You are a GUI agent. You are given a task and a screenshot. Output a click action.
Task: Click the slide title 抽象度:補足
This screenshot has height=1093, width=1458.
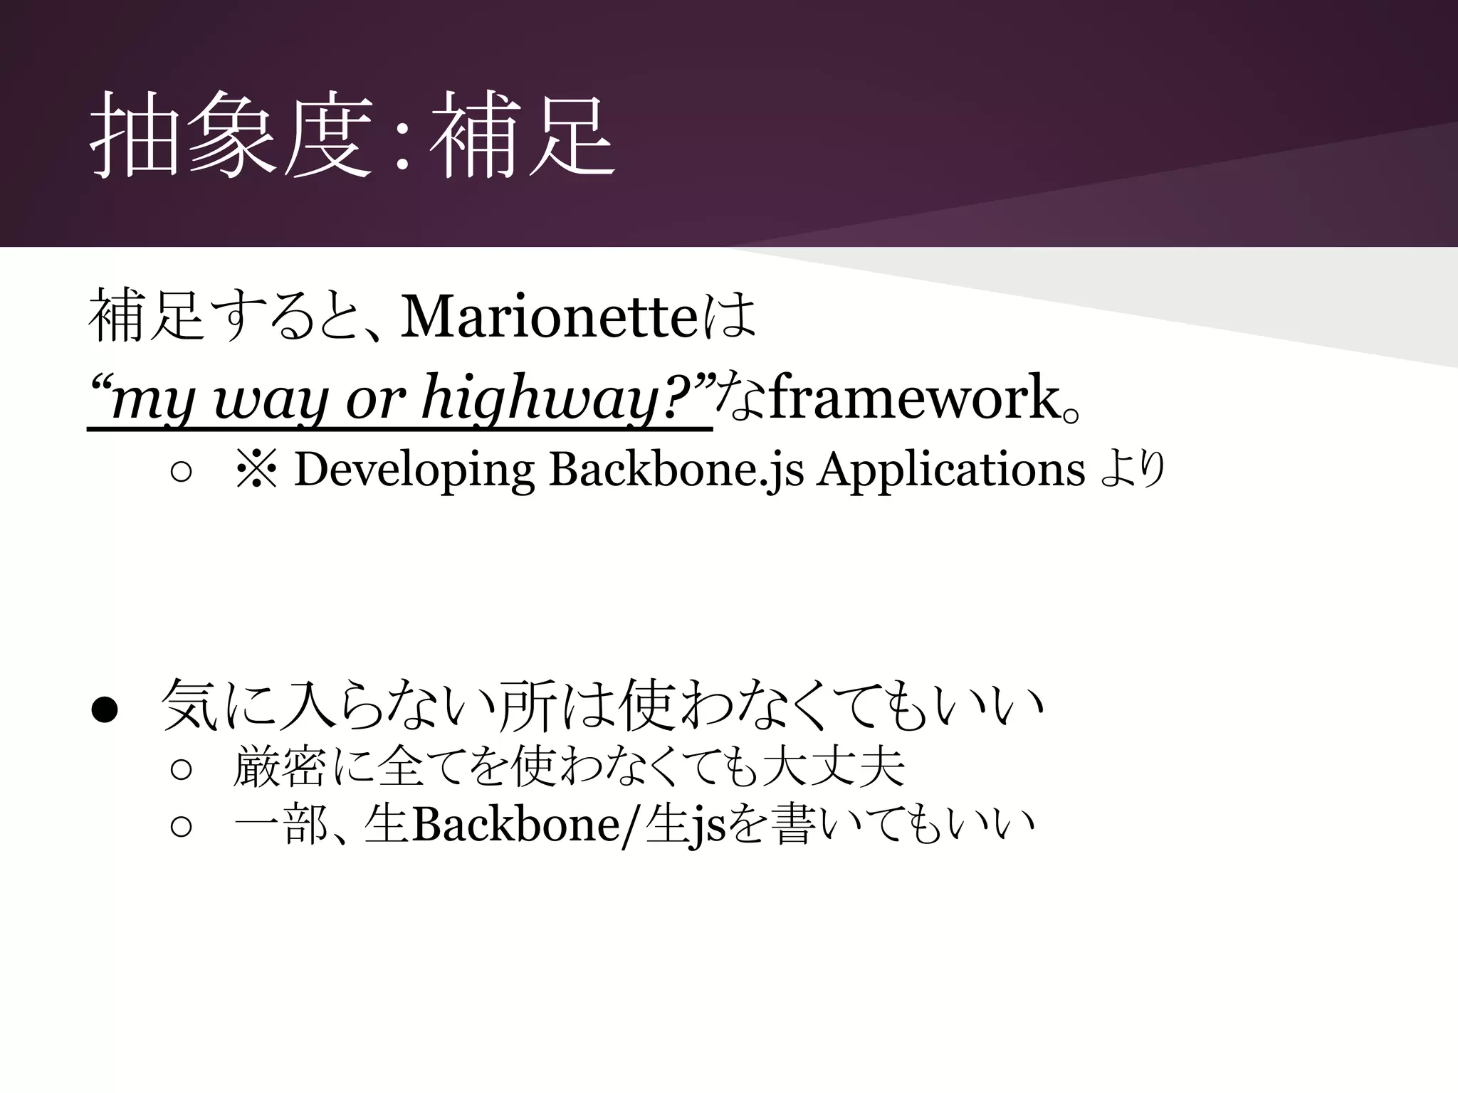click(352, 135)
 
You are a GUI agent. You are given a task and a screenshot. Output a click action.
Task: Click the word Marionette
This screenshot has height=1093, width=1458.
click(548, 317)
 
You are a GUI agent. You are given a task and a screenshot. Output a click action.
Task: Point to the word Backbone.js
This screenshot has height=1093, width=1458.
click(676, 471)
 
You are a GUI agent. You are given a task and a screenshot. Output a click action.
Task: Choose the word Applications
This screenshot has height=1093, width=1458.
click(950, 471)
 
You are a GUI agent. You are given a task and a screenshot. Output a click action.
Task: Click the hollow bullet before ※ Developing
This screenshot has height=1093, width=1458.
click(182, 472)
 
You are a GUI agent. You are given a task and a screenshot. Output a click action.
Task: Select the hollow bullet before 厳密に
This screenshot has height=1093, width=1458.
click(182, 769)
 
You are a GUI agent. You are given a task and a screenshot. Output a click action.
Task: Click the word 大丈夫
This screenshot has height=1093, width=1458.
click(832, 767)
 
